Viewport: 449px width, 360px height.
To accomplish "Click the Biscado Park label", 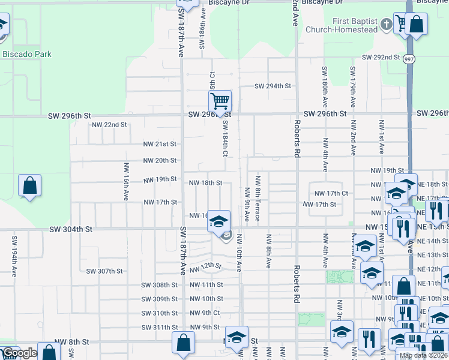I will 27,54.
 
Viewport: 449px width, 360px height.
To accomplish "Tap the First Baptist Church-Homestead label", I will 342,25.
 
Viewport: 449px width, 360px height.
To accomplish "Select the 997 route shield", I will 409,59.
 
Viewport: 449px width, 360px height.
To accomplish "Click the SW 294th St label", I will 273,86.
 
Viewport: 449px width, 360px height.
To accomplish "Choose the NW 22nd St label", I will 109,125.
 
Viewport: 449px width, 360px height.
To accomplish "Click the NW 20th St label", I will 160,160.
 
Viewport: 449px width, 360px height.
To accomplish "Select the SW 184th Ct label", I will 225,138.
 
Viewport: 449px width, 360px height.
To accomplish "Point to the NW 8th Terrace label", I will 258,199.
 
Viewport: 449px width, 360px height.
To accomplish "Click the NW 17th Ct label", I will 332,193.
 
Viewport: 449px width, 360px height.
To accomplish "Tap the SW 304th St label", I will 71,229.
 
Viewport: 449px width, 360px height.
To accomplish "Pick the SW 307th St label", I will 104,271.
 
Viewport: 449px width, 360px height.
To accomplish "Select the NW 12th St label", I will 206,267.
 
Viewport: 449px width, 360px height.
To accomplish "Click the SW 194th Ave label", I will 14,255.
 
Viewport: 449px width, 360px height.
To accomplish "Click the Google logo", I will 20,353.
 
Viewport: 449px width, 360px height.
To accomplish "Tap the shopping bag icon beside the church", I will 416,25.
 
